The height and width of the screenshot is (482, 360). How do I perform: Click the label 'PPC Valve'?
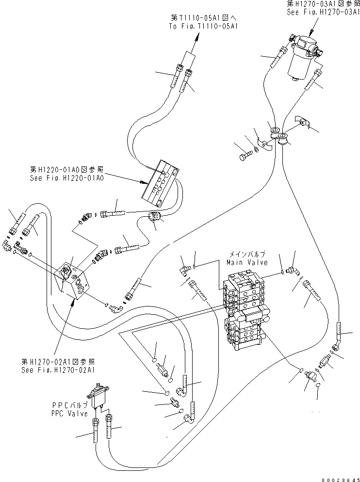point(70,414)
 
